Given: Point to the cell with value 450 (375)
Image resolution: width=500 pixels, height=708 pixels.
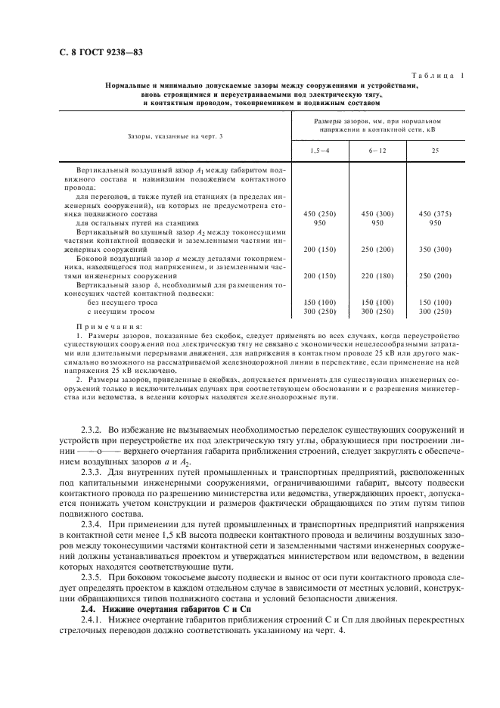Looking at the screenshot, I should (x=435, y=214).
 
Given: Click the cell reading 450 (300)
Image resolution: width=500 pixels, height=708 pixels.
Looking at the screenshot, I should (x=378, y=214).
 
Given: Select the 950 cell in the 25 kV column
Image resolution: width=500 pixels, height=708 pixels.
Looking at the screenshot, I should (x=435, y=223).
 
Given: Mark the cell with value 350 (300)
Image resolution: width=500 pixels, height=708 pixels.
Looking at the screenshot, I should (x=435, y=249).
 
